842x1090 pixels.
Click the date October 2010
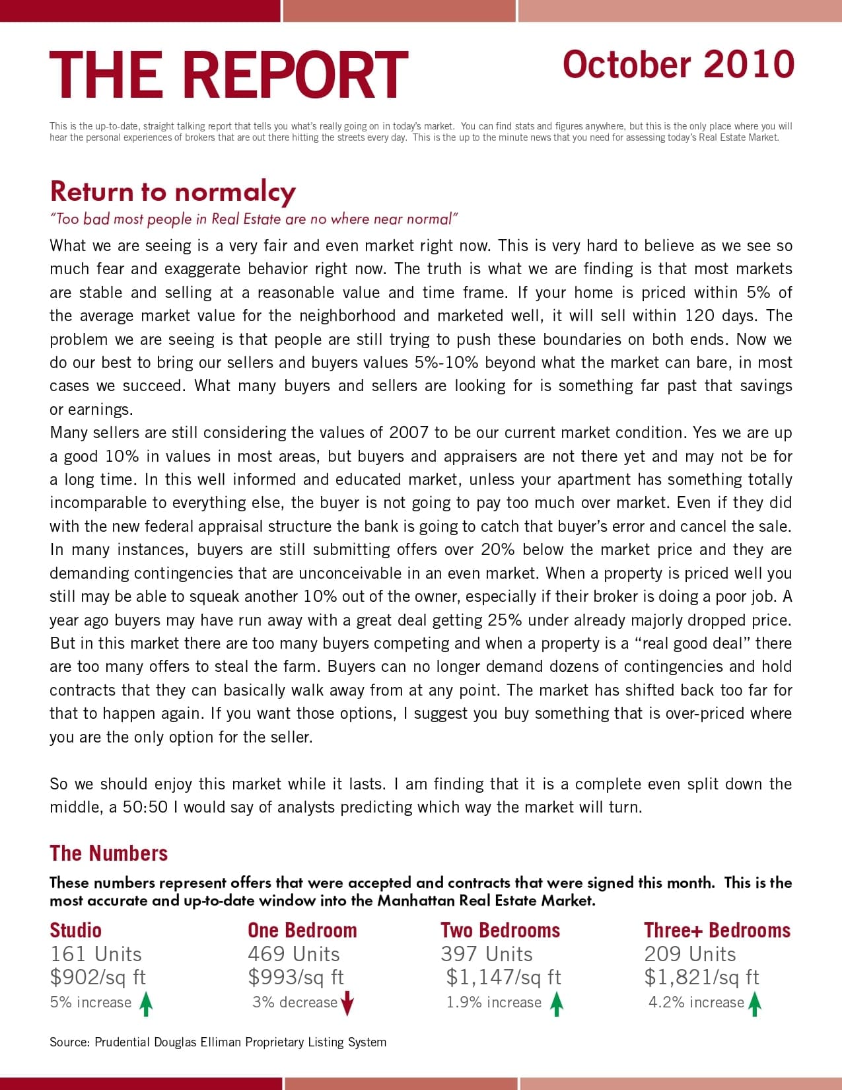(678, 65)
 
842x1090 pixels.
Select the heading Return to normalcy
(172, 192)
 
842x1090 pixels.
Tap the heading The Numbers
(108, 853)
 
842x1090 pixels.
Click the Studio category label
(75, 930)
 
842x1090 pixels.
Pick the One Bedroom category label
(302, 930)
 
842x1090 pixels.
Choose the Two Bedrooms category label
(500, 930)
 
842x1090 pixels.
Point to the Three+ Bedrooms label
(717, 930)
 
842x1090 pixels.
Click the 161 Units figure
(96, 954)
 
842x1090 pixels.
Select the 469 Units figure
(294, 954)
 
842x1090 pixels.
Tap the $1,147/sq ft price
(503, 977)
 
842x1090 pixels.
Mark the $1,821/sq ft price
(701, 977)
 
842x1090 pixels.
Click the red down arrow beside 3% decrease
(347, 1004)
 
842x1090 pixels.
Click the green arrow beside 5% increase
(147, 1004)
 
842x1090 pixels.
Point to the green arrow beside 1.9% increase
(557, 1004)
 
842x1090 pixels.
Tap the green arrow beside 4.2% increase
(755, 1004)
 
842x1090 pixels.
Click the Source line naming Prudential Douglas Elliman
(218, 1042)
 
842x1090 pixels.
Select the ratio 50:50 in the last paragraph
(145, 807)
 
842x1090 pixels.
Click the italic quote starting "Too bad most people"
(254, 219)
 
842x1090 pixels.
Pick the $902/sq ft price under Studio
(98, 977)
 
